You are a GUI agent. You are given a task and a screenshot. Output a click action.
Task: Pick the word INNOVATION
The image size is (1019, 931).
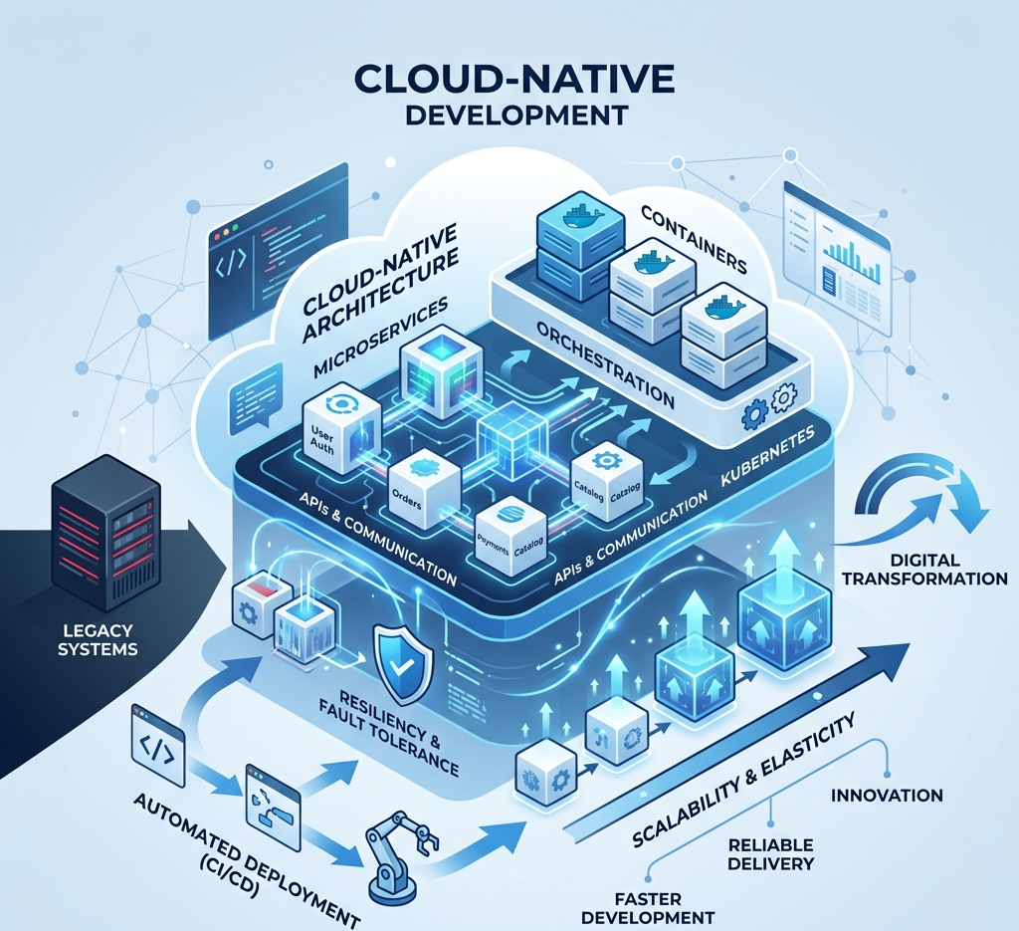coord(886,796)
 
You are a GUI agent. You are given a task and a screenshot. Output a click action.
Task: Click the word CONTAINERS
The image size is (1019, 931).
coord(694,239)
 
